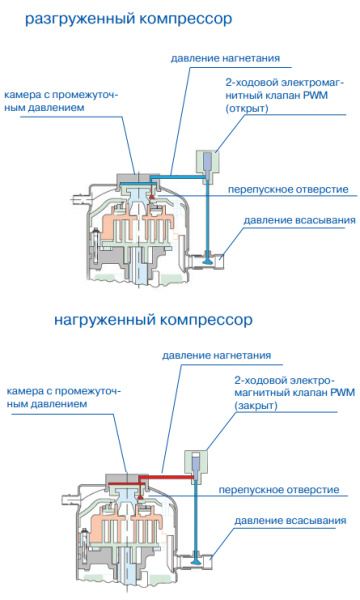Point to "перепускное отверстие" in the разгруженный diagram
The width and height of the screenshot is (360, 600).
coord(287,188)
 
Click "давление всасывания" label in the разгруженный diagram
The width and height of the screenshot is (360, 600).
coord(295,219)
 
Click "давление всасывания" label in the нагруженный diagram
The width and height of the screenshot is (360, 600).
coord(290,521)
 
